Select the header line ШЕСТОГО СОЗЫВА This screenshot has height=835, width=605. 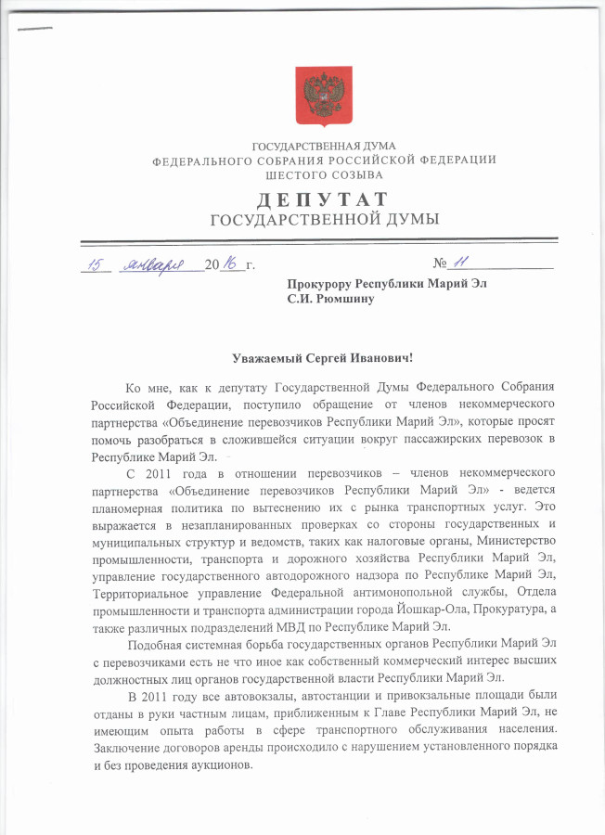(324, 173)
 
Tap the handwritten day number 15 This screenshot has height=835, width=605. (94, 265)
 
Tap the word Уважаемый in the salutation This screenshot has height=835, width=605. (267, 357)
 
